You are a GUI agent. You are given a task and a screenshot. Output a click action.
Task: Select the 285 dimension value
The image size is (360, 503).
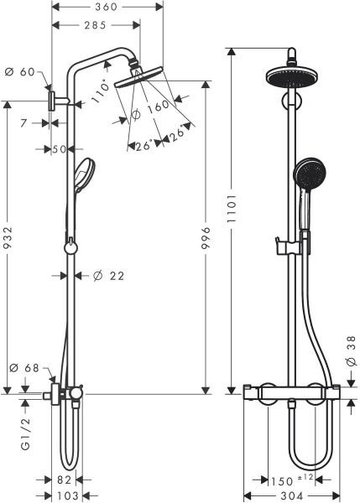[94, 26]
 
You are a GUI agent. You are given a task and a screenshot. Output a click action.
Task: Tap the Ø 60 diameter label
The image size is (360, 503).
[24, 72]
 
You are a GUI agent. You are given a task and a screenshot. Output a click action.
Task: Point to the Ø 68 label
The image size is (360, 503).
[24, 367]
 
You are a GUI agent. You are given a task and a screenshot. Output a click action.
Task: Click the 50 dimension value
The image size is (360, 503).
[59, 149]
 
